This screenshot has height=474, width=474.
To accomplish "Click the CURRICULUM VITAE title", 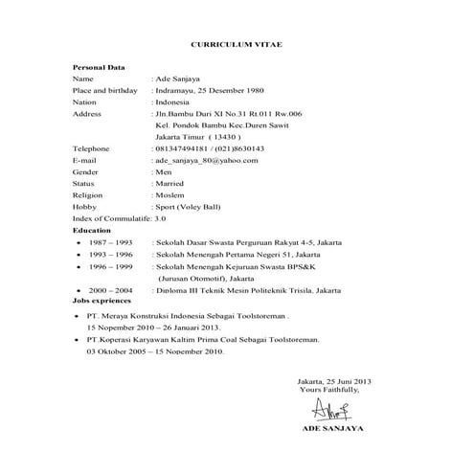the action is click(237, 45).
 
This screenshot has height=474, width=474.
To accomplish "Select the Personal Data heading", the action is click(100, 68).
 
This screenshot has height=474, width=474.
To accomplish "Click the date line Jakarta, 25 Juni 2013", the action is click(335, 382).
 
